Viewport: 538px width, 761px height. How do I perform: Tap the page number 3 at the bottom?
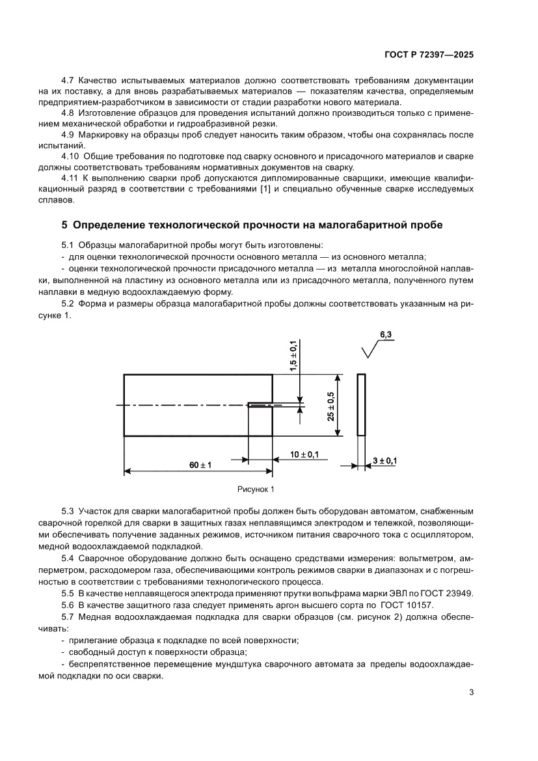[x=470, y=692]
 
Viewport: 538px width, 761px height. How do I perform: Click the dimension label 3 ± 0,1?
[x=384, y=460]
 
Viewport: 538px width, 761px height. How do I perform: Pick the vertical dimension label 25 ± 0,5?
[x=330, y=406]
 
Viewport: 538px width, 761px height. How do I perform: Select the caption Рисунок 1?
[x=256, y=488]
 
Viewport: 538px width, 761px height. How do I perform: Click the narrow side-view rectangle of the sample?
[x=361, y=405]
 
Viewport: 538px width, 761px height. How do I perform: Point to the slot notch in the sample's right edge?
[x=260, y=405]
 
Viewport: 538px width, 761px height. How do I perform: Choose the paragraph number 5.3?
[x=68, y=512]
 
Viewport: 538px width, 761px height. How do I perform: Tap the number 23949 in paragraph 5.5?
[x=460, y=593]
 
